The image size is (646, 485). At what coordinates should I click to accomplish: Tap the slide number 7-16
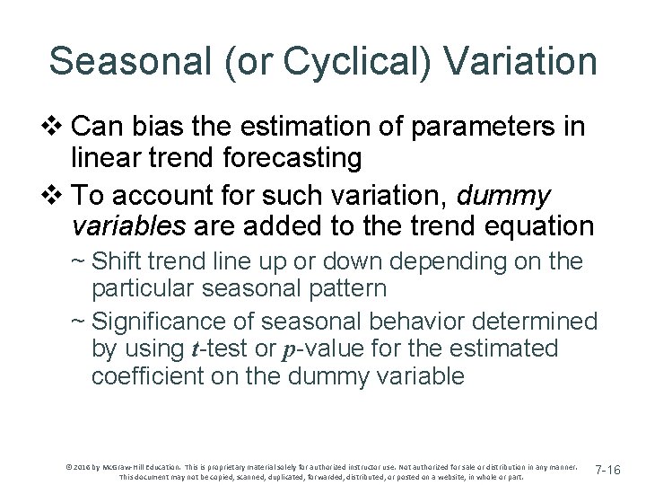click(x=615, y=470)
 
